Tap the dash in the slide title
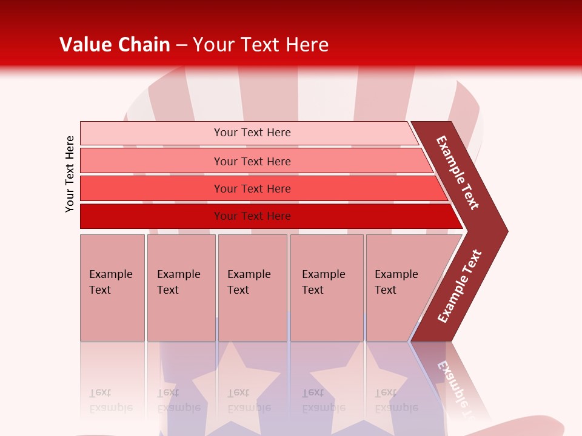pos(181,45)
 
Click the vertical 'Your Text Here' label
pos(70,174)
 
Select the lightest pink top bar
pos(252,133)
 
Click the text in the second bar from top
pos(252,161)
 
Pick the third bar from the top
pos(252,188)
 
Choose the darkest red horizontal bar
pos(252,216)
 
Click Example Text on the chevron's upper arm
pos(458,173)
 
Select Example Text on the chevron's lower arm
pos(460,286)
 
